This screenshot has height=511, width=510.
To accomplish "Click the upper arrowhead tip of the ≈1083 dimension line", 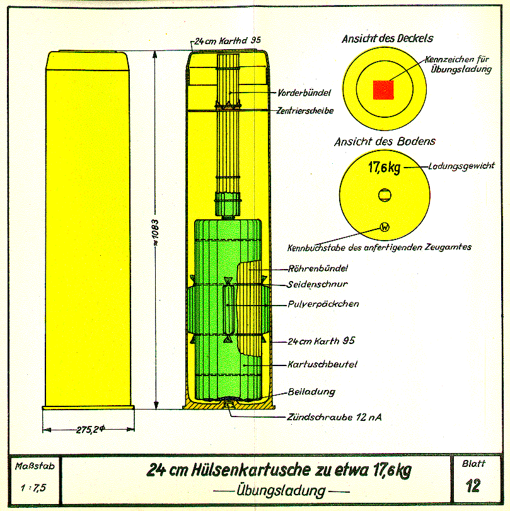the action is pos(155,51).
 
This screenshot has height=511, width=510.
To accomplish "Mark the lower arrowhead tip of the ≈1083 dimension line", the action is pos(156,409).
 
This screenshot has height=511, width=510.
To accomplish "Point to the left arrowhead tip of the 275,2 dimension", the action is pos(43,430).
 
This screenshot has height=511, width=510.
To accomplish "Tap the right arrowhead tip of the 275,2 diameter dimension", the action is pos(134,430).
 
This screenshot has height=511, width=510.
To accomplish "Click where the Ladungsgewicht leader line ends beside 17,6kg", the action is pos(404,168).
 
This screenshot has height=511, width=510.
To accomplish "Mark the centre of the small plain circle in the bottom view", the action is pos(385,195).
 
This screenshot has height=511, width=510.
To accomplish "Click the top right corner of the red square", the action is pos(393,81).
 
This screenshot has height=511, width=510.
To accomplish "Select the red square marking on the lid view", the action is pos(383,90).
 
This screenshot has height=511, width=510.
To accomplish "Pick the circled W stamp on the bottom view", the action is pos(385,227).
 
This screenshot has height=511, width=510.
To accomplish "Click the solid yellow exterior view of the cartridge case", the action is pos(88,230).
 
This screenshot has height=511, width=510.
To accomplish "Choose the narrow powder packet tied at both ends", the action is pos(228,309).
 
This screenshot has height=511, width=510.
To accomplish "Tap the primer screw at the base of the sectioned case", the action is pos(229,405).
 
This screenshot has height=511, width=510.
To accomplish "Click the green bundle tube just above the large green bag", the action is pos(228,205).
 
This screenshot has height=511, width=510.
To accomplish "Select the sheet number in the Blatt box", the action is pos(473,486).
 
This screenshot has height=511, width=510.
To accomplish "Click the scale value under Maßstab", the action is pos(33,488).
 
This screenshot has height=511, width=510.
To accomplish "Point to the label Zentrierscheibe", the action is pos(305,111).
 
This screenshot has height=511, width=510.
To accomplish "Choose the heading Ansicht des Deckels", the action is pos(388,39).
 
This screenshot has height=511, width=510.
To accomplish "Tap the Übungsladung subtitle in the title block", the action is pos(281,491).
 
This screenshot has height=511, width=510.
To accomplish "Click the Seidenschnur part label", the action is pos(318,284).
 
